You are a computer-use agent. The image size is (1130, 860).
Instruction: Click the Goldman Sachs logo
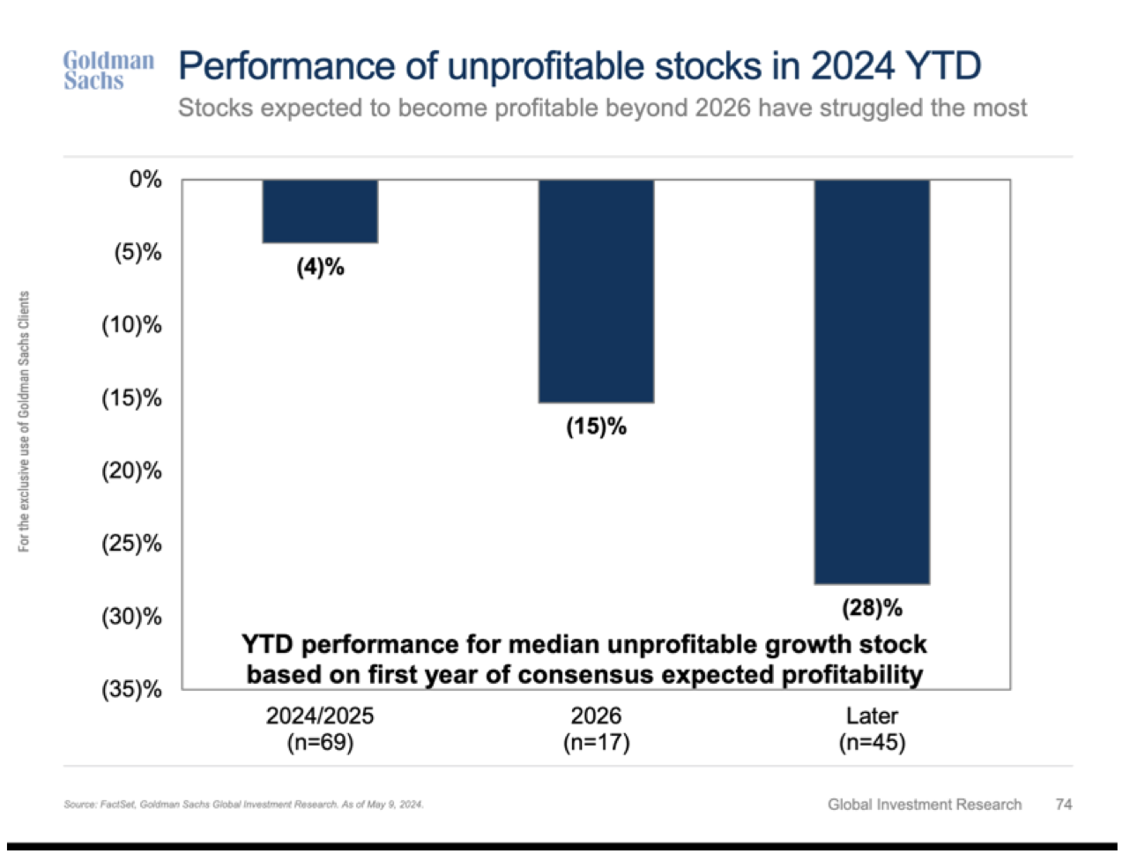coord(108,70)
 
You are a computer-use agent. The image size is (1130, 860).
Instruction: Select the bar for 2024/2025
coord(320,211)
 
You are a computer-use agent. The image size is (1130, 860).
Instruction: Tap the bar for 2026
coord(596,291)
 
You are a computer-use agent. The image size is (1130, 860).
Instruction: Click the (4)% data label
coord(320,267)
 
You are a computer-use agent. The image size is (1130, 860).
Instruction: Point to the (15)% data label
coord(596,427)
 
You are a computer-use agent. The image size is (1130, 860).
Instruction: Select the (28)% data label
coord(872,608)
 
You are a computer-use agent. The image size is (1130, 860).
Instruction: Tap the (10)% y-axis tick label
coord(132,325)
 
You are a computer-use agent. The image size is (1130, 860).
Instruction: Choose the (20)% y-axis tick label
coord(132,471)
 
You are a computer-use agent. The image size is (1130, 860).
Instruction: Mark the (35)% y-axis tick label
coord(132,689)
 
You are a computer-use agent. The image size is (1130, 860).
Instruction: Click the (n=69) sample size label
coord(320,743)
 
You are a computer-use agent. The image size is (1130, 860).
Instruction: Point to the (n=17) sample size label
coord(596,743)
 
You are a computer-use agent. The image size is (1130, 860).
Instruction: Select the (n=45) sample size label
coord(872,743)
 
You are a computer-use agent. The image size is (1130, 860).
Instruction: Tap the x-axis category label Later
coord(872,715)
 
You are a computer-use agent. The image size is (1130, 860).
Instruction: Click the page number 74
coord(1064,804)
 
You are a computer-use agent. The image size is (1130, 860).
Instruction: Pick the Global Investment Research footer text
coord(925,804)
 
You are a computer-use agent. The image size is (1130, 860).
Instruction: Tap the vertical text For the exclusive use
coord(25,422)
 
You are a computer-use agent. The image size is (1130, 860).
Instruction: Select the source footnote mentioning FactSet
coord(243,804)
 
